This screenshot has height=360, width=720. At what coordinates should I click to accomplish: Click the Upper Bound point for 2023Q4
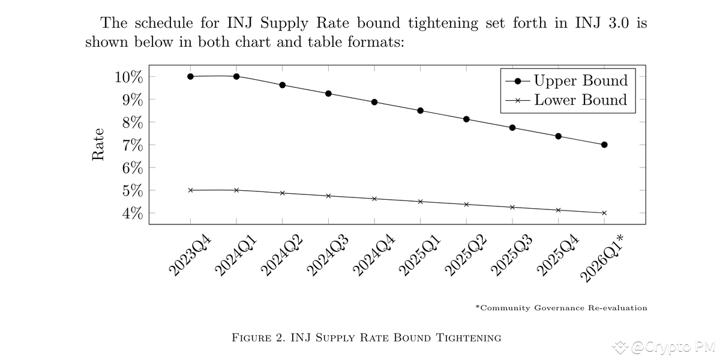tap(190, 76)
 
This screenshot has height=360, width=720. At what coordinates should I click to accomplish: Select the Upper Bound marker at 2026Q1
tap(604, 145)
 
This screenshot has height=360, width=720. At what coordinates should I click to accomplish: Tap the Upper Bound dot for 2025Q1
tap(421, 110)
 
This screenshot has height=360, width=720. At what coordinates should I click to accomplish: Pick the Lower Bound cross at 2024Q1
tap(236, 190)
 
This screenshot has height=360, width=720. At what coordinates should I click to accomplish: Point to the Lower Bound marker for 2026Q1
tap(604, 213)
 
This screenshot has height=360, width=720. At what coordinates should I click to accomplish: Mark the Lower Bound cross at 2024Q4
tap(374, 199)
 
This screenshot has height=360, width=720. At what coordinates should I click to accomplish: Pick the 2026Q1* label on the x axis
tap(602, 258)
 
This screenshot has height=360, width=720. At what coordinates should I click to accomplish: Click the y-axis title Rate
tap(98, 145)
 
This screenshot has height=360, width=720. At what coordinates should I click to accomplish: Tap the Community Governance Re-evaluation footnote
tap(561, 308)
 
